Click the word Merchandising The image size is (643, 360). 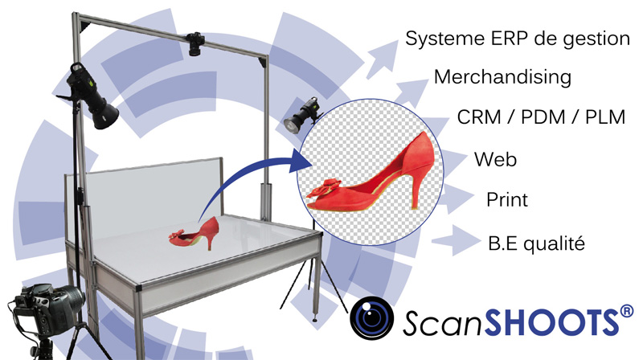click(x=502, y=77)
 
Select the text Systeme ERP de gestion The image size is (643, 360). click(x=518, y=39)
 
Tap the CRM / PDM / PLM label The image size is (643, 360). click(x=541, y=117)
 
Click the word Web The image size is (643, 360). click(x=495, y=159)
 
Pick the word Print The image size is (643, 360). click(x=507, y=199)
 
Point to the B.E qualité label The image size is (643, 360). click(x=536, y=243)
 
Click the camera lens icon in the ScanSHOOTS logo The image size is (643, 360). click(x=371, y=318)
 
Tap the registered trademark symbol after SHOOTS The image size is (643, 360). click(x=627, y=313)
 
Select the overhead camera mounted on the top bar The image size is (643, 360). click(x=195, y=43)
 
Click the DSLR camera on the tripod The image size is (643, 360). click(x=45, y=308)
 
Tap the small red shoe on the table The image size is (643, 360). click(x=194, y=235)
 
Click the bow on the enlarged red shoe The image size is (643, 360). click(x=325, y=190)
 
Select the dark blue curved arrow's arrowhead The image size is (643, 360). click(x=302, y=161)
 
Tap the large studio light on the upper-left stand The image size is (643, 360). click(x=90, y=96)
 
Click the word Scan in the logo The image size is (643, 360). click(x=443, y=323)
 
